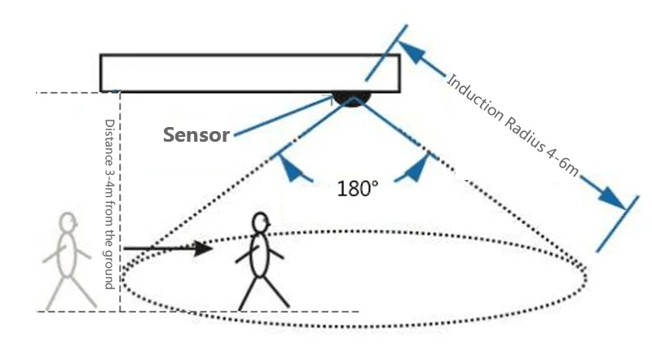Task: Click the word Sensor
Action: pyautogui.click(x=196, y=135)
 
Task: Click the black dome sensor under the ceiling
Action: pyautogui.click(x=352, y=99)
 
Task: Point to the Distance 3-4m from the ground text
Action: pyautogui.click(x=108, y=204)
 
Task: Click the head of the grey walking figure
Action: pyautogui.click(x=68, y=222)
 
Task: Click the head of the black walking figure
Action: pyautogui.click(x=260, y=222)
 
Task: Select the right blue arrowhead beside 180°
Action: pyautogui.click(x=417, y=169)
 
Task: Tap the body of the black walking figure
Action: pyautogui.click(x=259, y=257)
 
